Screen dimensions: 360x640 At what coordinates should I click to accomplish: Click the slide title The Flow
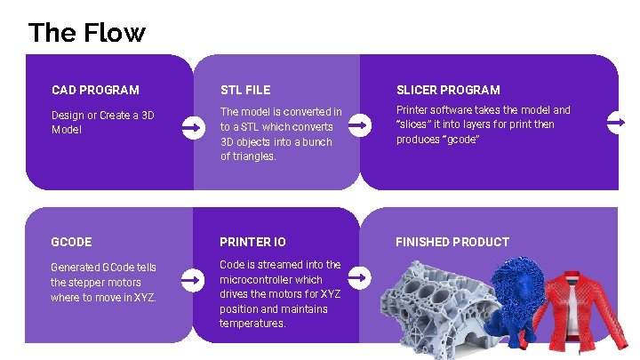pyautogui.click(x=86, y=33)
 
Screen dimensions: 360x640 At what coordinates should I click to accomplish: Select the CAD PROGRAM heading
pyautogui.click(x=95, y=90)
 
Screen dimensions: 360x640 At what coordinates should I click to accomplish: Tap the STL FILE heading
pyautogui.click(x=245, y=90)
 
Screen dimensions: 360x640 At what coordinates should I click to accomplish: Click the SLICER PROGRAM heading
pyautogui.click(x=448, y=90)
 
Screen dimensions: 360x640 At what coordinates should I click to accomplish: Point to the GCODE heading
pyautogui.click(x=71, y=242)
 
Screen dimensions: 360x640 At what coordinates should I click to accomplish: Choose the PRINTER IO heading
pyautogui.click(x=252, y=242)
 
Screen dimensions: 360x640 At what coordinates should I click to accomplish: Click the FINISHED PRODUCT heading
pyautogui.click(x=452, y=242)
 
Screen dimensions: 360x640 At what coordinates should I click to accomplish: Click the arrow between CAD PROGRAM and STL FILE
pyautogui.click(x=191, y=129)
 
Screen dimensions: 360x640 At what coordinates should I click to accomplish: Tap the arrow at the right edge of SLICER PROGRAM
pyautogui.click(x=616, y=123)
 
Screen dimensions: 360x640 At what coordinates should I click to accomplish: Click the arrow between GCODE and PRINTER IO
pyautogui.click(x=191, y=281)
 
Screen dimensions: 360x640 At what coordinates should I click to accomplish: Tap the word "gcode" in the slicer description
pyautogui.click(x=460, y=140)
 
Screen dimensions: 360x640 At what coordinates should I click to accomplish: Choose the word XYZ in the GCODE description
pyautogui.click(x=143, y=298)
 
